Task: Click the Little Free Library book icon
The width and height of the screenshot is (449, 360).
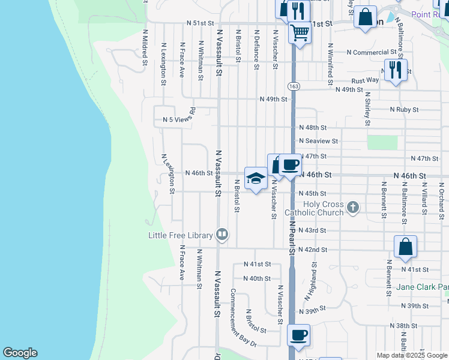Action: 222,234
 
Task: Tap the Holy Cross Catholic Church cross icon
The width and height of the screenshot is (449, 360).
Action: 353,208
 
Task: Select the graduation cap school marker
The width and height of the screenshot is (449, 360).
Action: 256,178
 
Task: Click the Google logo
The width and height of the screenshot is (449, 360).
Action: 20,353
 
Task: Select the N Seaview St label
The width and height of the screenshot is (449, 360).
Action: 319,142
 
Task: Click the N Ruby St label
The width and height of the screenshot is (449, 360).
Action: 404,110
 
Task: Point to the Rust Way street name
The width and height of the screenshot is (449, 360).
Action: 365,80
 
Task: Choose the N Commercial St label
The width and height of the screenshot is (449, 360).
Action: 372,52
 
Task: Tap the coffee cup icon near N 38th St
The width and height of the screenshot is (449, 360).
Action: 298,335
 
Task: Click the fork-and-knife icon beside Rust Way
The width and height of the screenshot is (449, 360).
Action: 396,70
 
